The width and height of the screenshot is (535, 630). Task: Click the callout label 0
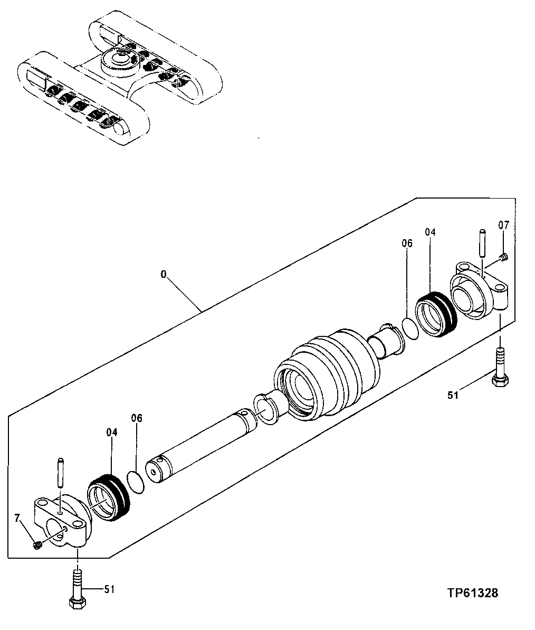164,274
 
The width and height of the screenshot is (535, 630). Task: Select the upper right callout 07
503,225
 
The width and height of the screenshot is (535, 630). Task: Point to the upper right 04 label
431,232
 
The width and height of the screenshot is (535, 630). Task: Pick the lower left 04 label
111,432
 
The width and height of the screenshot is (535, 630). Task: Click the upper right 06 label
406,243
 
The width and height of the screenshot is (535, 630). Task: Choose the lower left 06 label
137,418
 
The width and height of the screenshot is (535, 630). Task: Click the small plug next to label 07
503,257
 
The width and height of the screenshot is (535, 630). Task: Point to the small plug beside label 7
37,545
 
